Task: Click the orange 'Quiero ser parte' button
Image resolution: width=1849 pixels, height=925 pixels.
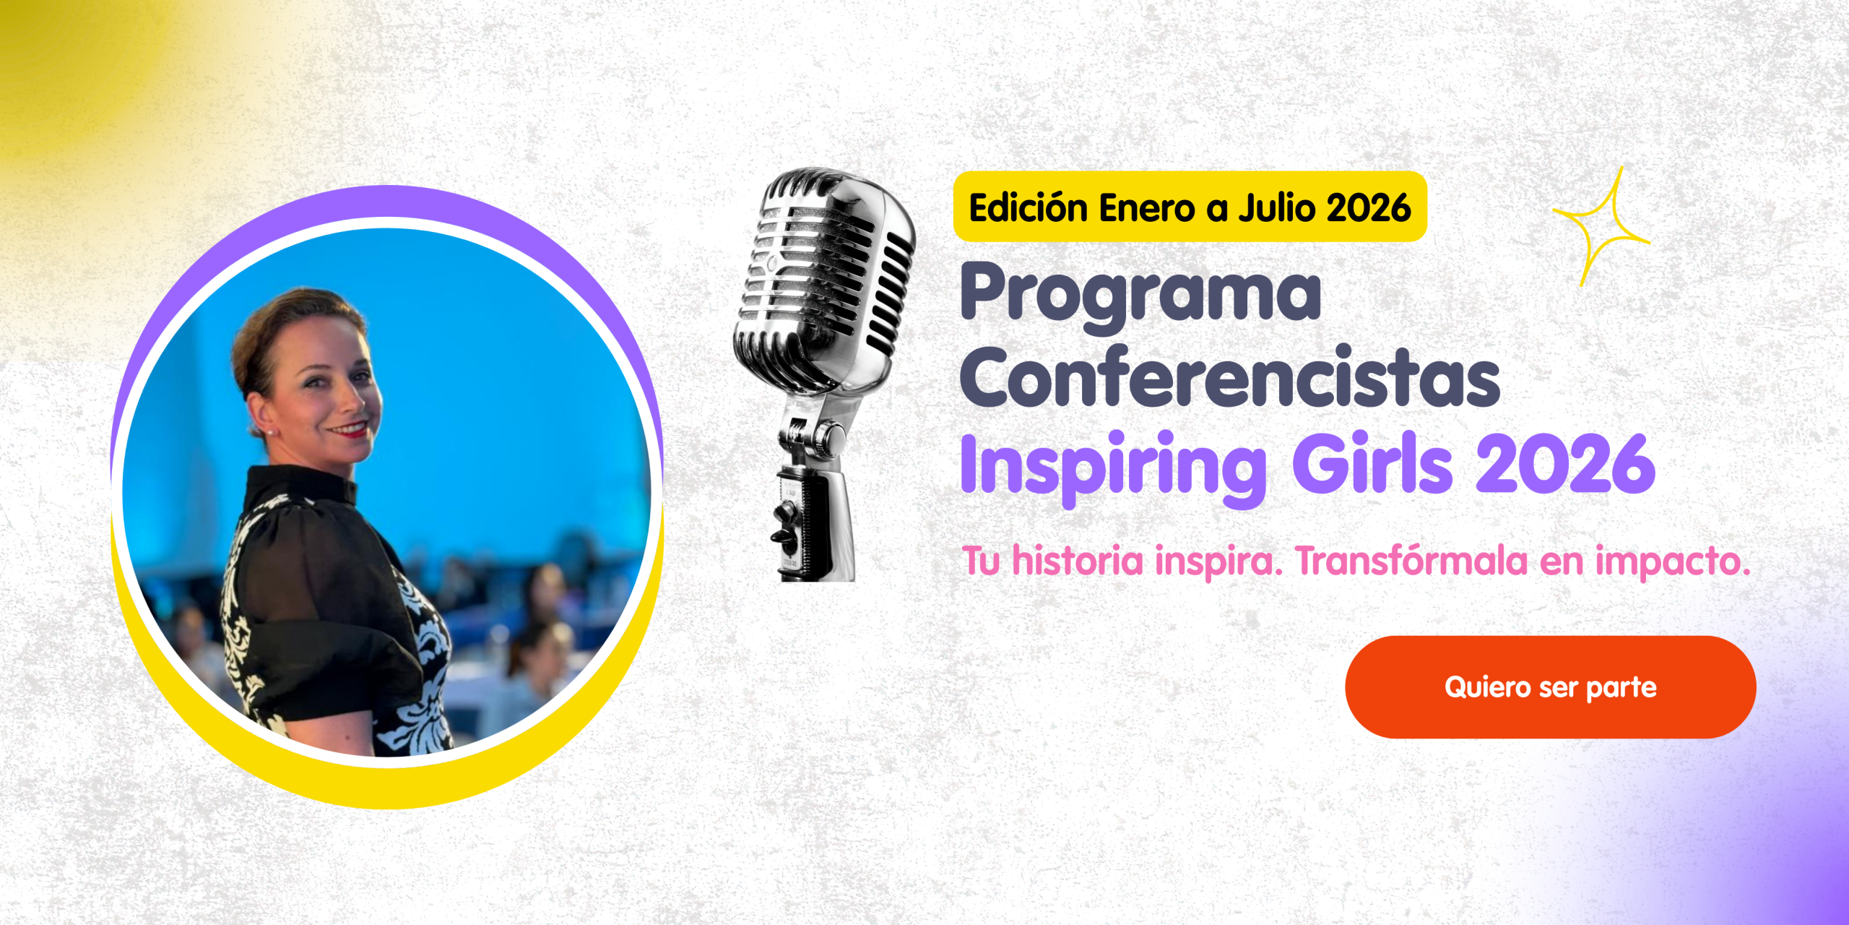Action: pos(1550,687)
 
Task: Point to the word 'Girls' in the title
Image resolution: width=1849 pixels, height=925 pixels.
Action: pos(1372,462)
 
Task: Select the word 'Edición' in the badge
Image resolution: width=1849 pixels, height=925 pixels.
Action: pos(1029,207)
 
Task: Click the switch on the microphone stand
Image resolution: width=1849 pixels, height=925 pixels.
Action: pos(783,525)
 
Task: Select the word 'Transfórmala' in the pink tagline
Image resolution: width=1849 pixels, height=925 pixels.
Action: pos(1411,561)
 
